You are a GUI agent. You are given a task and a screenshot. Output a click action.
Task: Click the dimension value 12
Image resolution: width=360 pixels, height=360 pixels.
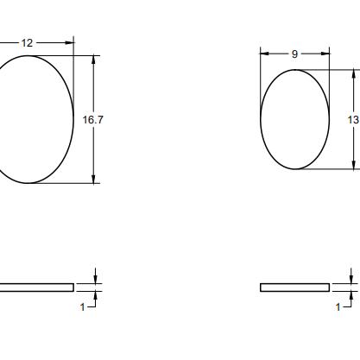click(27, 43)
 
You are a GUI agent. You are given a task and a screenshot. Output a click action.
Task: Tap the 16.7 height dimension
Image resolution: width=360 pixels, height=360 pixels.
click(92, 120)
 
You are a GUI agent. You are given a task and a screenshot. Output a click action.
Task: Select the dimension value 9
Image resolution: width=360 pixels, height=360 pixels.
click(294, 54)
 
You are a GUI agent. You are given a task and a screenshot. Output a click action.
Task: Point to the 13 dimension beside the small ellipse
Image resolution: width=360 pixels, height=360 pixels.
click(354, 119)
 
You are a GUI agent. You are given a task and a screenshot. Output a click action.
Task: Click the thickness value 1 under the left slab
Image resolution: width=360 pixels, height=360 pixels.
click(83, 307)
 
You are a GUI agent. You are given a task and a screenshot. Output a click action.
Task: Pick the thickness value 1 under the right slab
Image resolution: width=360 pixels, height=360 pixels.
click(338, 307)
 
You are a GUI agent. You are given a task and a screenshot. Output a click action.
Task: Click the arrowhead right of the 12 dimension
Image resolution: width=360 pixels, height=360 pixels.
click(69, 43)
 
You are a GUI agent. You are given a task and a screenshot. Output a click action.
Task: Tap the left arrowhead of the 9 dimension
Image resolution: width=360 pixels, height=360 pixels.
click(264, 54)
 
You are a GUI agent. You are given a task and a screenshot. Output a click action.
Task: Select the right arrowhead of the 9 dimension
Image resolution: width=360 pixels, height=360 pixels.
click(325, 54)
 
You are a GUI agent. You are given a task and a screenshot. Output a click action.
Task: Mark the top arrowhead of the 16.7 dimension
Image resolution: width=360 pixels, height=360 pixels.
click(93, 60)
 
